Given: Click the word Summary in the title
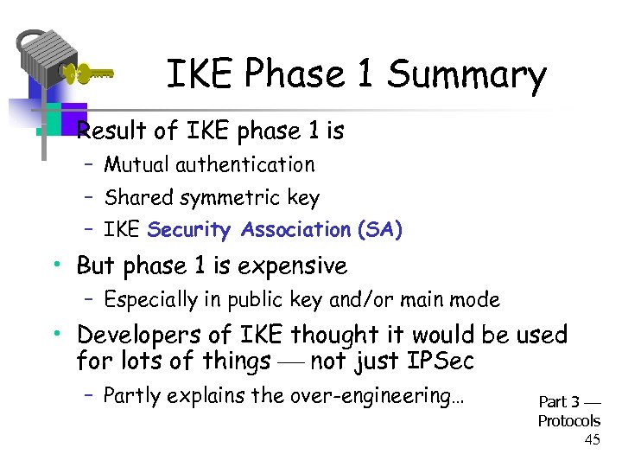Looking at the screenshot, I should point(466,75).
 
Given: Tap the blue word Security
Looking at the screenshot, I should point(191,230).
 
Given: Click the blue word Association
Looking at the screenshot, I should point(295,230).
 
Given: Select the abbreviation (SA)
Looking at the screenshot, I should point(378,230).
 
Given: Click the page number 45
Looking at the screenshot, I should point(592,439).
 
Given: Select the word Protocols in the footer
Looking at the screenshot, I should point(568,421).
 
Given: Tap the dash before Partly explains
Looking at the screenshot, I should point(88,396).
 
